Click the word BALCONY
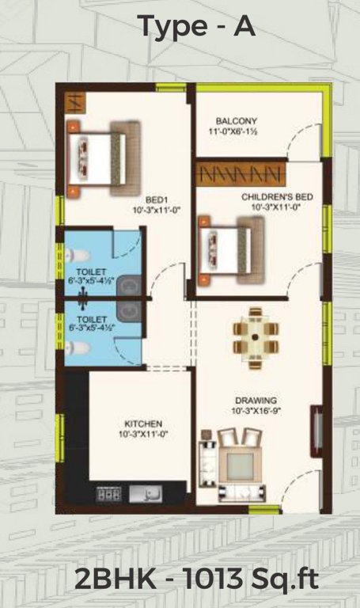coord(234,121)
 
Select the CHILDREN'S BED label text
coord(272,193)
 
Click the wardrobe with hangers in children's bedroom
coord(238,173)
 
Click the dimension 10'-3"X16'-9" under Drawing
coord(255,412)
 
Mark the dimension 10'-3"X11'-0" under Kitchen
coord(144,435)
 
